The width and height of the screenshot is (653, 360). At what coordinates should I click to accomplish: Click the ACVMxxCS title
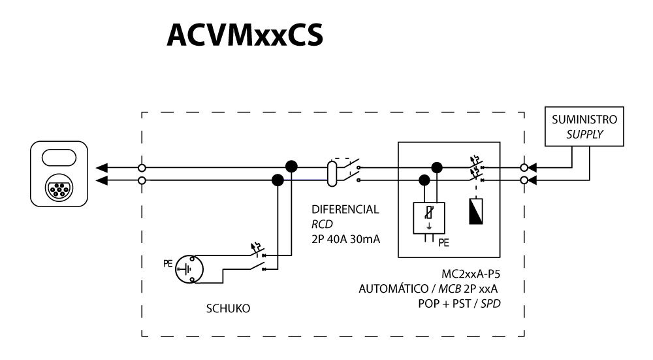coord(244,37)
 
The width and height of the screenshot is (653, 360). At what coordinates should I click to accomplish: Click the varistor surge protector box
coord(430,218)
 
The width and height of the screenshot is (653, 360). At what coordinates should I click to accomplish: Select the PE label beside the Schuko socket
coord(167,264)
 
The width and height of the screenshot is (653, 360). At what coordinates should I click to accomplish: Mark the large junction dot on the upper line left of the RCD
coord(291,167)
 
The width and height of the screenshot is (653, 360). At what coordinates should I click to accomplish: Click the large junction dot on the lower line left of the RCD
coord(278,180)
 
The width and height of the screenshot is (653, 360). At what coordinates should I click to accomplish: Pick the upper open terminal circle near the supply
coord(524,167)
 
